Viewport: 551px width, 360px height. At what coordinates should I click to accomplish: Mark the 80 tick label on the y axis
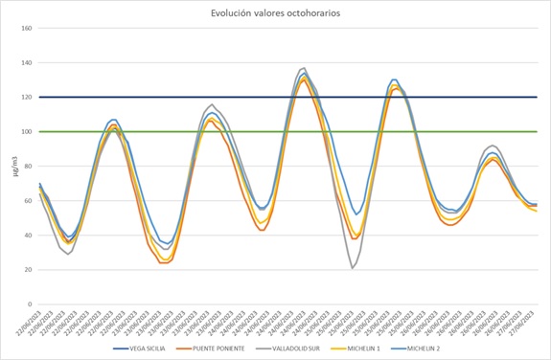coord(28,166)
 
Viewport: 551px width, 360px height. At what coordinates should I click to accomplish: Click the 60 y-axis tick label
coord(28,200)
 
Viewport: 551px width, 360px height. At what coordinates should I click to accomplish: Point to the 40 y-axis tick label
coord(28,235)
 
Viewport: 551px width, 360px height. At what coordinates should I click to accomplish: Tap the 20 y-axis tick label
coord(28,269)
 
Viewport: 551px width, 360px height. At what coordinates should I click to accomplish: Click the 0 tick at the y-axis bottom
coord(30,304)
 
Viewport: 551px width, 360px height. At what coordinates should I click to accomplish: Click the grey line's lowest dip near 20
coord(353,268)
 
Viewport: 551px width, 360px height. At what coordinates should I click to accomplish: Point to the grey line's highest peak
coord(304,68)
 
